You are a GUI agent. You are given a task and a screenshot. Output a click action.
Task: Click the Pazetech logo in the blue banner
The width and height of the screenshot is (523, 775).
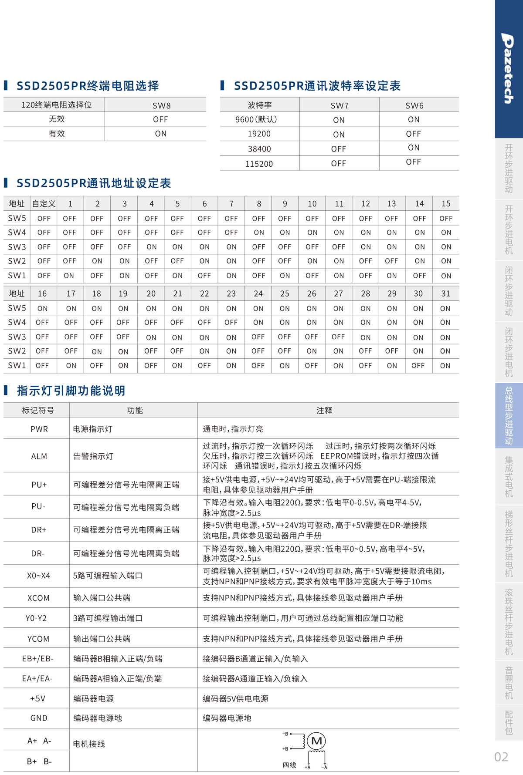[508, 68]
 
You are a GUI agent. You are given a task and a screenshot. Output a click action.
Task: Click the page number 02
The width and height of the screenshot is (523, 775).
[501, 757]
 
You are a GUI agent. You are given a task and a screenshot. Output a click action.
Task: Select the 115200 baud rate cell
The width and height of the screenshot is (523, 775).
[259, 164]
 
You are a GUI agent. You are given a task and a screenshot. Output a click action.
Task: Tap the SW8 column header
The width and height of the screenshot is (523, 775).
[161, 105]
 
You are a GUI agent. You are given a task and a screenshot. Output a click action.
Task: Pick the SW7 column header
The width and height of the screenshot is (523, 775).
[339, 105]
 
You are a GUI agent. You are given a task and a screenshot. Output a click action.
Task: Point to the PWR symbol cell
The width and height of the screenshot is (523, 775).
[39, 429]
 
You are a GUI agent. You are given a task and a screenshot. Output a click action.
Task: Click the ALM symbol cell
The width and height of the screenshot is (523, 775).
[39, 456]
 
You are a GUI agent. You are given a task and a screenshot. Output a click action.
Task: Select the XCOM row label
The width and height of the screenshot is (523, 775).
[38, 598]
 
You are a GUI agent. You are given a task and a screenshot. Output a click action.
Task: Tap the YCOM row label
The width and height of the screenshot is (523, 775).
[38, 639]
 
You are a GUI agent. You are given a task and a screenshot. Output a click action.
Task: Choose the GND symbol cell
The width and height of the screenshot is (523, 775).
[39, 718]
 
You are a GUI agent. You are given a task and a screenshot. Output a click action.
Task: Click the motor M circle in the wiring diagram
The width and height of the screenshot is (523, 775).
[316, 741]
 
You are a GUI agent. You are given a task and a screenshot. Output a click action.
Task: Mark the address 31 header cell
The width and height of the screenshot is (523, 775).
[445, 293]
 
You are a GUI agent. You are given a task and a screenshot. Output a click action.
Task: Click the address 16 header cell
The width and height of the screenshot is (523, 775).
[42, 293]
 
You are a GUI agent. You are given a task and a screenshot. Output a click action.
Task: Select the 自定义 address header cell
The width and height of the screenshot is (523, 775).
[44, 203]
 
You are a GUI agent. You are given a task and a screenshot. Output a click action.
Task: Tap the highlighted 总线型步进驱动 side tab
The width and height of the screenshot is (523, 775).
[509, 415]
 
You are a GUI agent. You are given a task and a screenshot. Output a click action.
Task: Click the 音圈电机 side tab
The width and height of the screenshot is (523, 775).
[509, 683]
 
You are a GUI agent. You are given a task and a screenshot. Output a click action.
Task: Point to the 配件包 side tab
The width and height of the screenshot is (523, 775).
[509, 723]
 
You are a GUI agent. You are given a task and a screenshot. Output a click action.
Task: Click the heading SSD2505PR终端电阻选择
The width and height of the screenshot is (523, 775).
[88, 86]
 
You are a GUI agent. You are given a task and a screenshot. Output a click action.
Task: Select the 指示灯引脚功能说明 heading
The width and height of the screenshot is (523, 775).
[71, 391]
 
